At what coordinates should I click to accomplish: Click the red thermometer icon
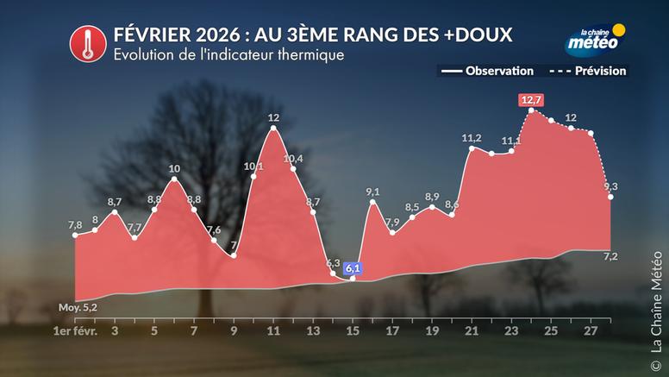[x=84, y=42]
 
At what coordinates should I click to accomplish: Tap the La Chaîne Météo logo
[x=595, y=39]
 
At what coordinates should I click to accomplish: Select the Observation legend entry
[x=488, y=71]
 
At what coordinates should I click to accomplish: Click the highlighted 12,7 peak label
[x=531, y=100]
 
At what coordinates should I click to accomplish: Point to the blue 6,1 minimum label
[x=353, y=268]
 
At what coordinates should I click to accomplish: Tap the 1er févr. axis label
[x=75, y=330]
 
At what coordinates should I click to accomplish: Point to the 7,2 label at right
[x=610, y=257]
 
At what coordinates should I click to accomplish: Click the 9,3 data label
[x=610, y=186]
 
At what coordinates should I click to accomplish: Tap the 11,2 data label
[x=472, y=137]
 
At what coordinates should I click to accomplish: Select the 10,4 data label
[x=293, y=159]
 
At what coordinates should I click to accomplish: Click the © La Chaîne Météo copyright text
[x=656, y=303]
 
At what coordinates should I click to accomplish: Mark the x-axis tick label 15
[x=353, y=330]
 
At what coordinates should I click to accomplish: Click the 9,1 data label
[x=373, y=192]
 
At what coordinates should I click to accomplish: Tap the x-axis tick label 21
[x=472, y=330]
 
